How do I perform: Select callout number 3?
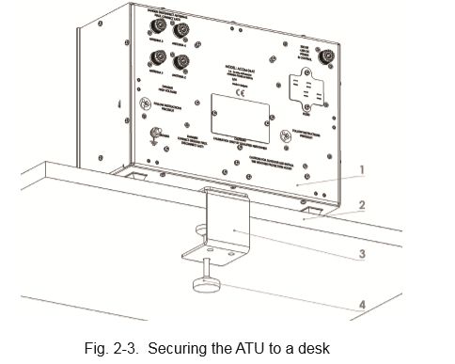[361, 252]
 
